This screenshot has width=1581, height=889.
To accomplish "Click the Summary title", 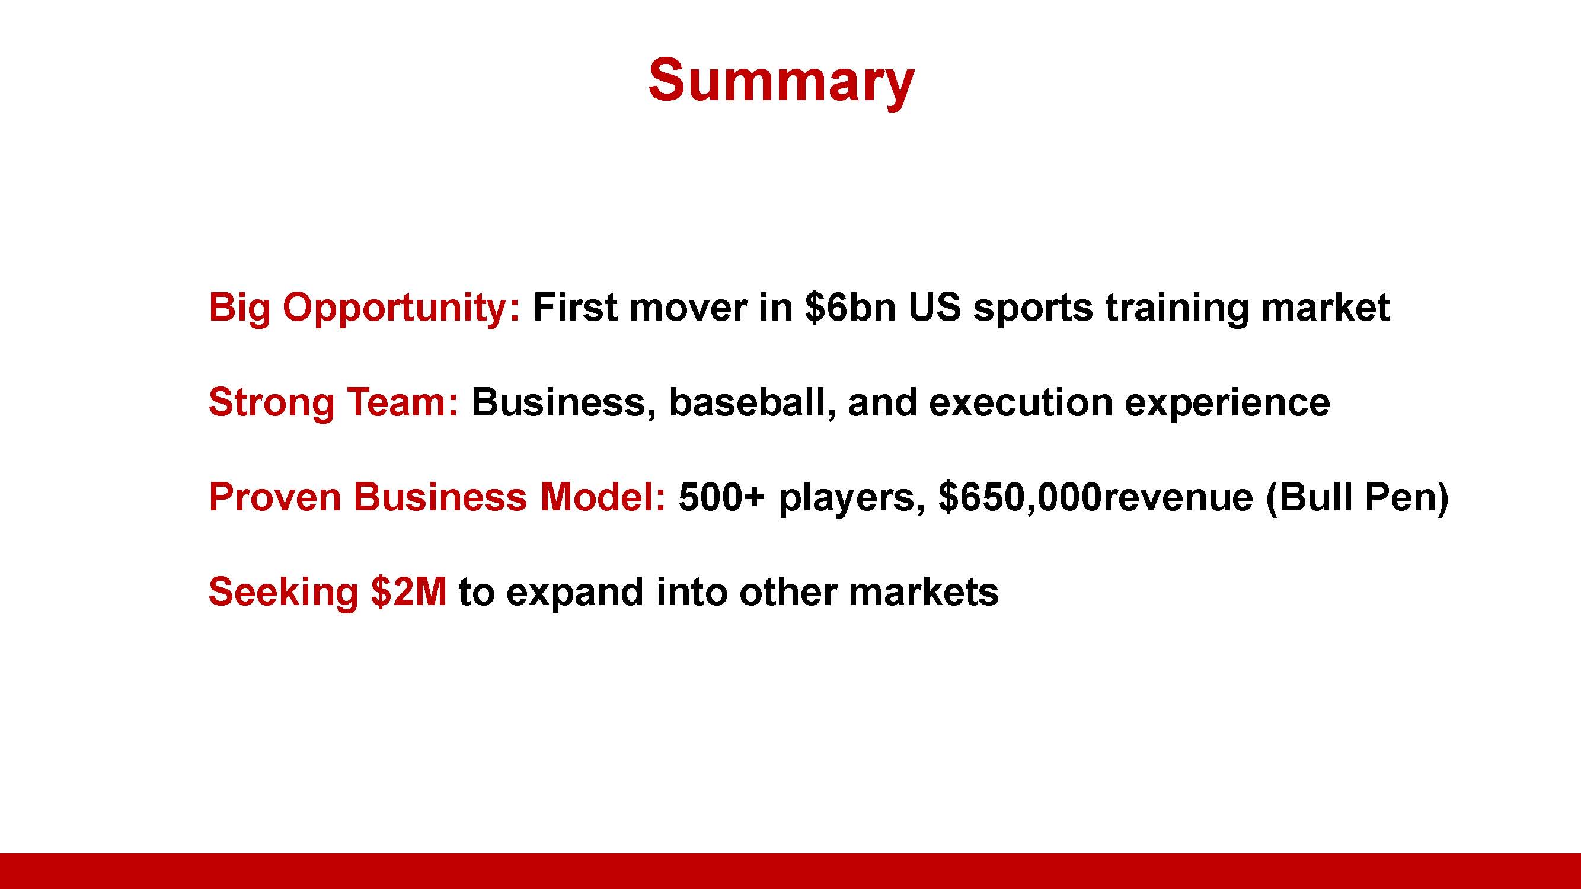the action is point(781,82).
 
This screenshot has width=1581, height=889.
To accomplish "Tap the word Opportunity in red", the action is point(401,309).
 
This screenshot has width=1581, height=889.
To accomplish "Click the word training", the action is point(1177,308).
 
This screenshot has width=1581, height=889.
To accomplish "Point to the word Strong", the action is point(272,404).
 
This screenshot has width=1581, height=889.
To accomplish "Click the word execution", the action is point(1020,402).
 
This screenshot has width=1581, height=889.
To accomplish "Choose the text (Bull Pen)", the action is point(1357,498).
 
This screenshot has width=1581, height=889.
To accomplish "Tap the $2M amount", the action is point(409,591).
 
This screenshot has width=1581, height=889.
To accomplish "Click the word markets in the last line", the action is point(923,592).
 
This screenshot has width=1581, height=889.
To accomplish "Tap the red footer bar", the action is point(791,871).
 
